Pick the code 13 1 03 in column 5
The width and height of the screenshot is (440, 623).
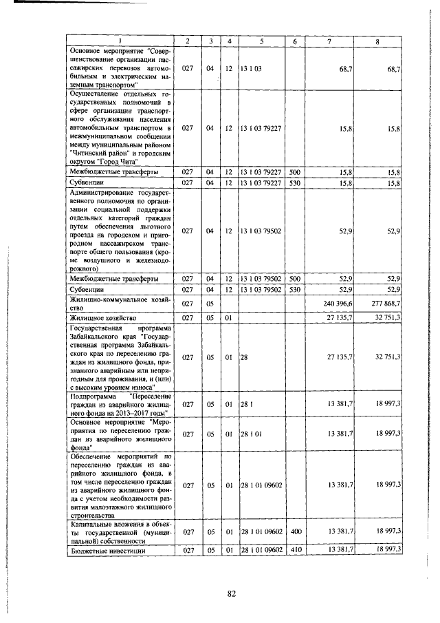pyautogui.click(x=251, y=69)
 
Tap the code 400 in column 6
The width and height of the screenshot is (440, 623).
pyautogui.click(x=294, y=532)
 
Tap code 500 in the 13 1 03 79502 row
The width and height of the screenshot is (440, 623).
pyautogui.click(x=294, y=279)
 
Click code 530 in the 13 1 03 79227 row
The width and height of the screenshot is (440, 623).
pyautogui.click(x=294, y=182)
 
